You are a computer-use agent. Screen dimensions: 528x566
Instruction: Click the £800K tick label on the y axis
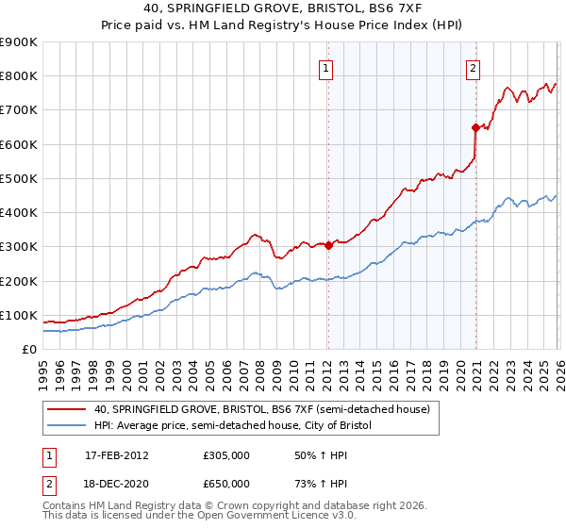pos(19,76)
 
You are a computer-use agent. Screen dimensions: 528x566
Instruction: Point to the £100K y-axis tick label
pos(19,315)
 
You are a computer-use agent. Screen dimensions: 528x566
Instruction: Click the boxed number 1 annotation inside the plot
pos(325,67)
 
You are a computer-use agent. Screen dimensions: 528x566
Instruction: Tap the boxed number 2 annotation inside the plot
pos(472,67)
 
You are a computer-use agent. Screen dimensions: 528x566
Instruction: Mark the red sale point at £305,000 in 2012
pos(328,245)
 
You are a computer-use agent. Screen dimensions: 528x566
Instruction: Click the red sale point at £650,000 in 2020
pos(475,127)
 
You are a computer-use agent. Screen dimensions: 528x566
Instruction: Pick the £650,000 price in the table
pos(226,484)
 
